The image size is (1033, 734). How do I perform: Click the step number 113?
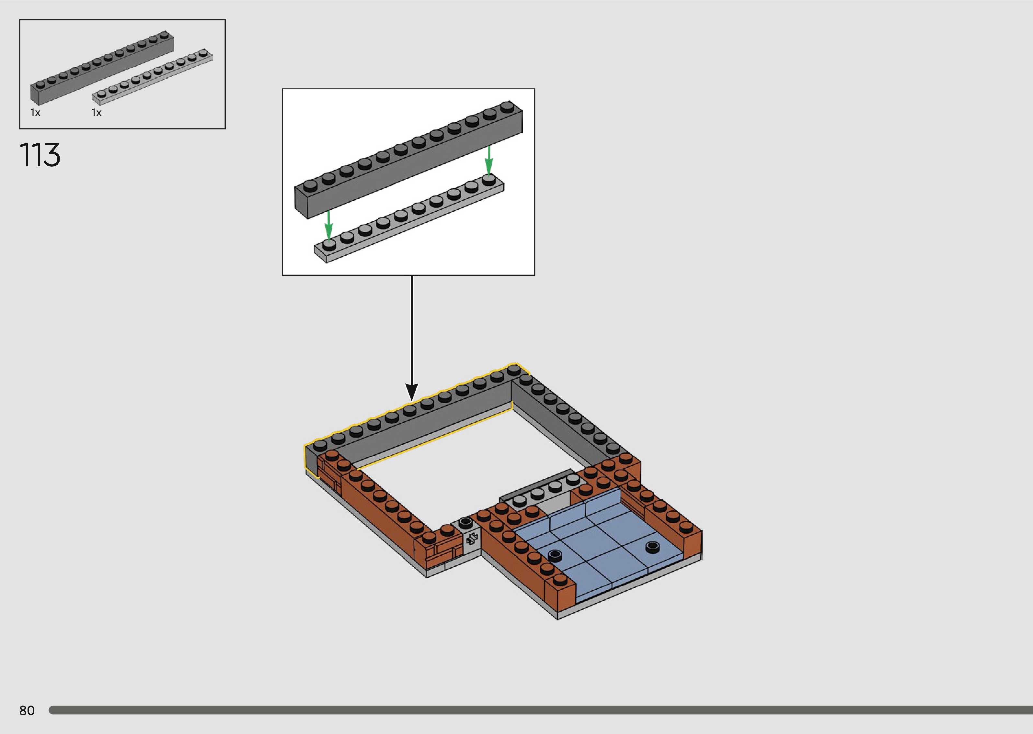[x=40, y=155]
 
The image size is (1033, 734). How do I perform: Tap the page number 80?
[x=27, y=710]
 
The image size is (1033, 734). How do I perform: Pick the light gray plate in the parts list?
[x=152, y=77]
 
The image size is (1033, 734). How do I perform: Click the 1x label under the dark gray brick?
[x=35, y=113]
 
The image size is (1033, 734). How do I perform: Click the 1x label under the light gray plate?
[x=96, y=113]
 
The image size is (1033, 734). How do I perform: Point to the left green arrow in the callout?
[x=329, y=225]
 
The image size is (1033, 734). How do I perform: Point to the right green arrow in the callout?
[x=488, y=160]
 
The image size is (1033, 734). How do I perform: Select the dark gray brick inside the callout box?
[x=408, y=160]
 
